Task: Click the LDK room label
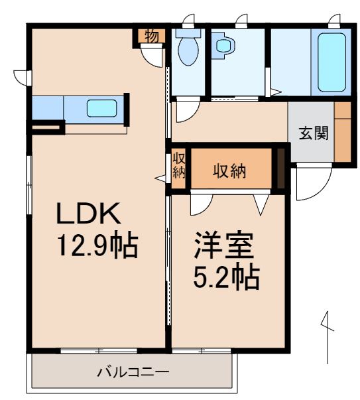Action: tap(88, 214)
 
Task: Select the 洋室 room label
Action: tap(223, 246)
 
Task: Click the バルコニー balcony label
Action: tap(133, 371)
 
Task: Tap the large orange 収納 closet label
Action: tap(229, 170)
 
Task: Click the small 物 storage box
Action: tap(151, 36)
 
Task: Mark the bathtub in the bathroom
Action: tap(331, 61)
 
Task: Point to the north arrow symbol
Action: tap(326, 335)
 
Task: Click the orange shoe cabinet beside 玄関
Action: tap(342, 131)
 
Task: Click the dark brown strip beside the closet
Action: tap(280, 170)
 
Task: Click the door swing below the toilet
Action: tap(184, 109)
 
